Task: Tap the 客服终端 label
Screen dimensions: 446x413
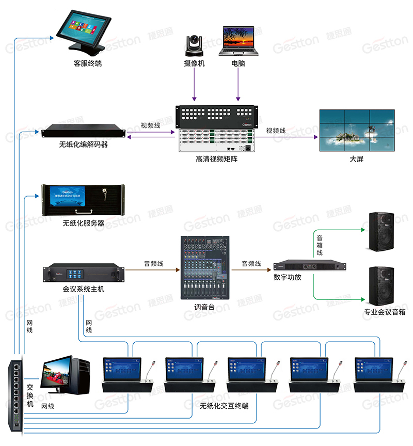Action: pyautogui.click(x=87, y=63)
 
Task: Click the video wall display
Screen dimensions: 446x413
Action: pyautogui.click(x=356, y=130)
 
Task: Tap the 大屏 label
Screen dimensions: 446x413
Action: pyautogui.click(x=356, y=158)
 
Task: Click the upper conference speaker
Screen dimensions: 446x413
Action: pyautogui.click(x=384, y=232)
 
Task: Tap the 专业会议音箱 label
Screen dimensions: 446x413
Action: pyautogui.click(x=385, y=312)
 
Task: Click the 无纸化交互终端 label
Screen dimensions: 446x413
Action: pyautogui.click(x=224, y=406)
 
